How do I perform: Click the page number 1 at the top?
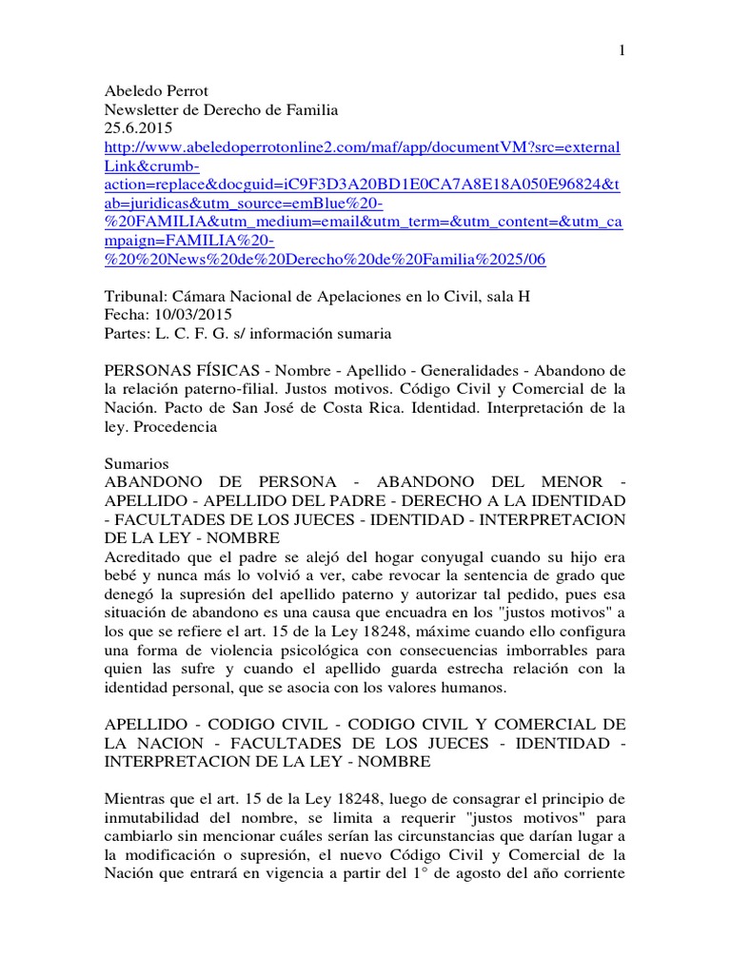click(622, 51)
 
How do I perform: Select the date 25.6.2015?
click(139, 128)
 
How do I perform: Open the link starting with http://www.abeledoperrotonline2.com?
click(362, 147)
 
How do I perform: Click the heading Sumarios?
click(136, 463)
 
